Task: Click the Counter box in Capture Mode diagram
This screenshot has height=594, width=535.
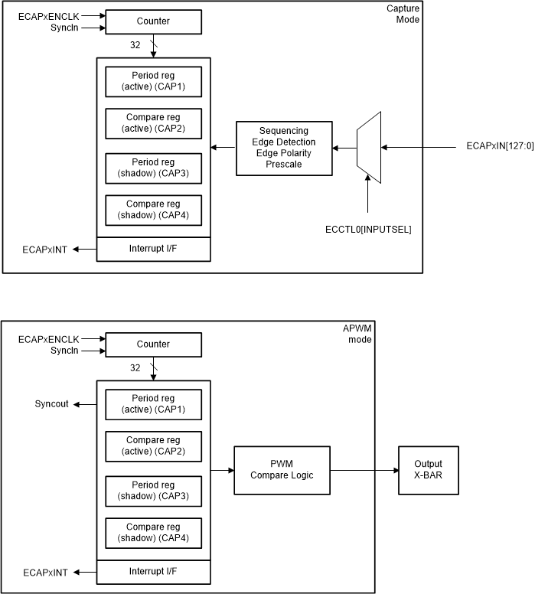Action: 153,21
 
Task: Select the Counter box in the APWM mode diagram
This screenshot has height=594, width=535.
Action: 153,344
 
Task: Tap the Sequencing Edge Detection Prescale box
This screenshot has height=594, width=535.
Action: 284,148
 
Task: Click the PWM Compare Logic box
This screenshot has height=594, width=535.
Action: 282,470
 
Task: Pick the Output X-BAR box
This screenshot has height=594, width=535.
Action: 428,470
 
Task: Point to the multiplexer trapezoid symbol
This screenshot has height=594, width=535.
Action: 369,148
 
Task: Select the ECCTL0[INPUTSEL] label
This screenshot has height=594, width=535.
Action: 368,229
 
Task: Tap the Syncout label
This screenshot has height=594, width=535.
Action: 52,403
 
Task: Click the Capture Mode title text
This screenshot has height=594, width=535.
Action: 403,14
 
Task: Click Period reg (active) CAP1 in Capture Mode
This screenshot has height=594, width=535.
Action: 153,82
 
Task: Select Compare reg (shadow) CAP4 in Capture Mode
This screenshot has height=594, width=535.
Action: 153,211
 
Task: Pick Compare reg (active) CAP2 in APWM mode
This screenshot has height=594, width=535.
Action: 153,445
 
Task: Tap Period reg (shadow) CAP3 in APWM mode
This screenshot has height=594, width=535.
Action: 153,490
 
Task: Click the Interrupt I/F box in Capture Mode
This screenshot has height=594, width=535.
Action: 153,249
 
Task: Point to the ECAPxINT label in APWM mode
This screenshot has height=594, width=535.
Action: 46,572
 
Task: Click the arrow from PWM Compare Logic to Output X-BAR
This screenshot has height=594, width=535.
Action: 364,470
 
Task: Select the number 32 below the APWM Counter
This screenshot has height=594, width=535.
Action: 135,367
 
